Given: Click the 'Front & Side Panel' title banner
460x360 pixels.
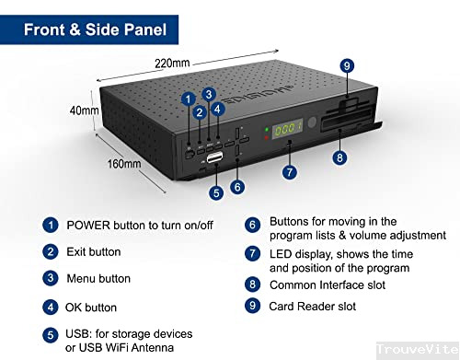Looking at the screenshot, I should (x=96, y=29).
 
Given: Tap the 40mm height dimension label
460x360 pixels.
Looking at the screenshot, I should (x=84, y=111).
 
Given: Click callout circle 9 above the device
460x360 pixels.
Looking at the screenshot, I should (x=346, y=65).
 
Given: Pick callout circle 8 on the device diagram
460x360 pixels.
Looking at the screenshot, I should (x=339, y=157).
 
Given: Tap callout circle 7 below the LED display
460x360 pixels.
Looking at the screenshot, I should (x=290, y=171).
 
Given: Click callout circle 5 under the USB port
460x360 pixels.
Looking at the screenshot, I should (x=216, y=193).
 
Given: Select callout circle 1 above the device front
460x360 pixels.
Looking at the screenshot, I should (x=188, y=99).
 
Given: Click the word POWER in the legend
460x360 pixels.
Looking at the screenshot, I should (x=90, y=225).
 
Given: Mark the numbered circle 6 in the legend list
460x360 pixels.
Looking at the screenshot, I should (x=251, y=225).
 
